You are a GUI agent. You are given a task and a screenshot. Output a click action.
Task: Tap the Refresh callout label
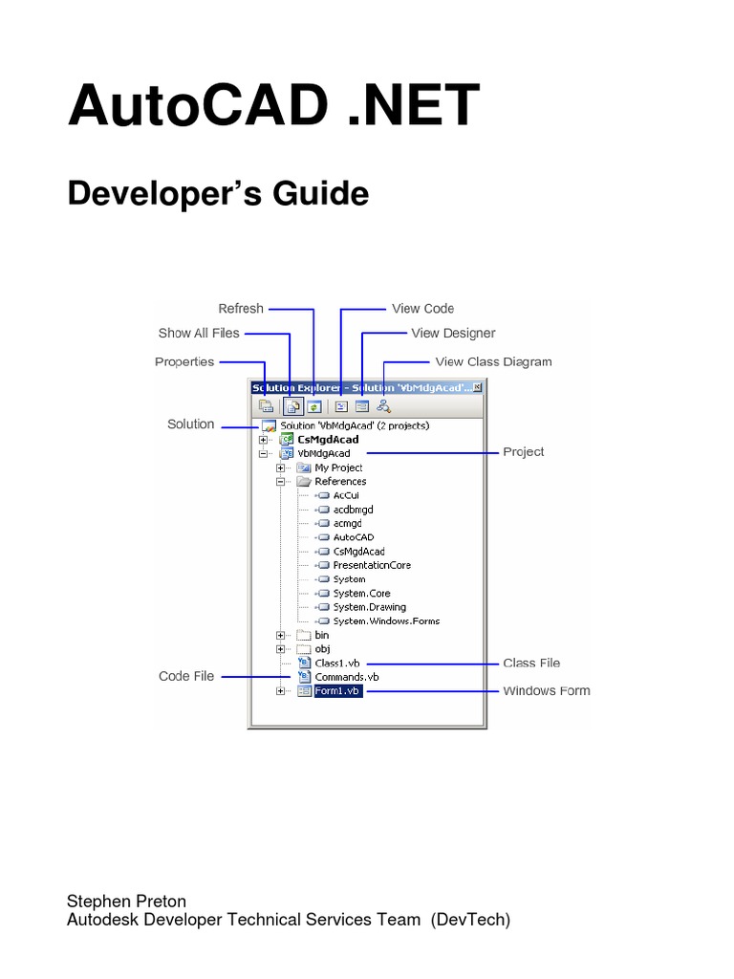tap(241, 308)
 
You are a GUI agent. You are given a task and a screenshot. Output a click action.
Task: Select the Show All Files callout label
tap(199, 334)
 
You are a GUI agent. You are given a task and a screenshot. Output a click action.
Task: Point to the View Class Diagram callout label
tap(493, 361)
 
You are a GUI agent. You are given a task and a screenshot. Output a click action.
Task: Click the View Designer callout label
tap(453, 334)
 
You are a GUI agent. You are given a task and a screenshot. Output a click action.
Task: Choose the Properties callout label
tap(184, 361)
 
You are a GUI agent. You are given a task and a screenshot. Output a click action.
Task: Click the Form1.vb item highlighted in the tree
tap(339, 691)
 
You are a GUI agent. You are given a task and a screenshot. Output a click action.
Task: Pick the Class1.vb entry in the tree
tap(336, 663)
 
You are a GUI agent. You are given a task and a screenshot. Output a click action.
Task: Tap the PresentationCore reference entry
tap(372, 565)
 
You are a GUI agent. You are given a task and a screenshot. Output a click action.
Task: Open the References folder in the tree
tap(339, 481)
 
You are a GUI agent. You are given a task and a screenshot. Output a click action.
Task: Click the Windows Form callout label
tap(547, 690)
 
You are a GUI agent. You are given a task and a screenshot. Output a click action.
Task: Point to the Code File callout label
tap(187, 676)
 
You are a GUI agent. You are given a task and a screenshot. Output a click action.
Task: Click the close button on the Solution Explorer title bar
tap(478, 388)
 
